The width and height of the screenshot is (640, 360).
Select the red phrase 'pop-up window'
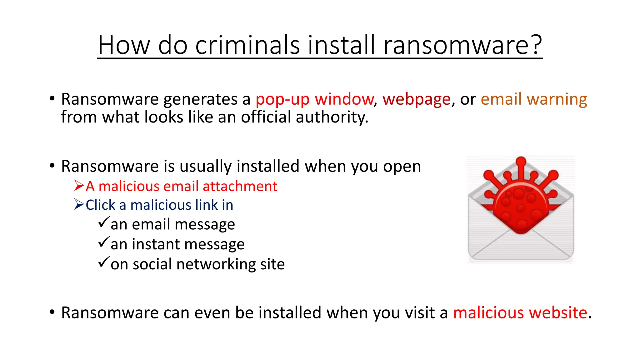(314, 99)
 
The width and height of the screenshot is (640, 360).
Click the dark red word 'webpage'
(417, 99)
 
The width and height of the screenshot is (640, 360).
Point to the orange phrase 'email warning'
(534, 99)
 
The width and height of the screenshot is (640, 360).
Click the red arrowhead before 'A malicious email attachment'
(79, 186)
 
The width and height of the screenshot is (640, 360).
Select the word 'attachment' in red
(240, 186)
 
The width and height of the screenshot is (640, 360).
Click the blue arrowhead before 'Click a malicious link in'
(79, 204)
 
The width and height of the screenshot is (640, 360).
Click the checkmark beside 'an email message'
(104, 222)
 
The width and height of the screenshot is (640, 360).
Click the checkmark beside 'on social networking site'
(104, 262)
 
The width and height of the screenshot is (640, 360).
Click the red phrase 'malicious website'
(520, 313)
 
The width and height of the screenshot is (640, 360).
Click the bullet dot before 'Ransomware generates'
(52, 99)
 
